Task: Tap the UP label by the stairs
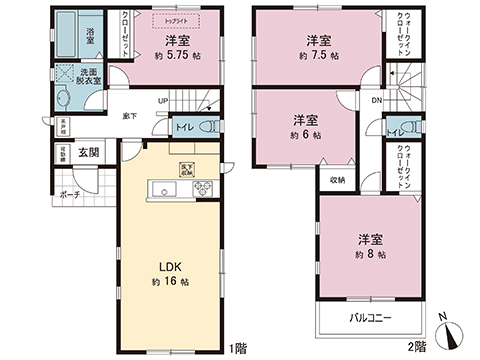point(162,100)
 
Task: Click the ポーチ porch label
point(68,195)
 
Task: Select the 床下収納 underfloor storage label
point(187,168)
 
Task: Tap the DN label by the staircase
point(377,101)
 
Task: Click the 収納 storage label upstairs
point(338,180)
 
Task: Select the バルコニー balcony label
point(369,318)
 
